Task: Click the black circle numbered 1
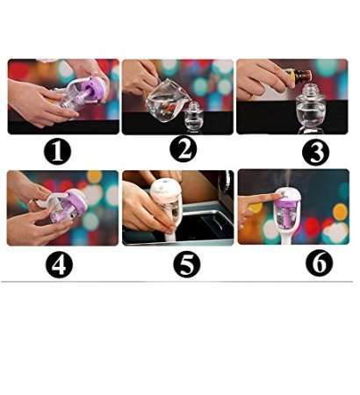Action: click(x=58, y=151)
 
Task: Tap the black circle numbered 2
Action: click(x=183, y=149)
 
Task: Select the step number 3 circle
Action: click(x=315, y=151)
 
